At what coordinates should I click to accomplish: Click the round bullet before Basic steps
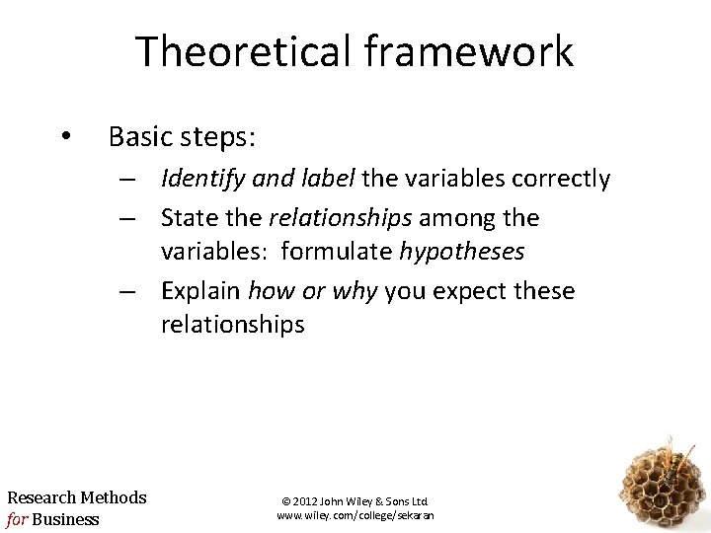(x=65, y=136)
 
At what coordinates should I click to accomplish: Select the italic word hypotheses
(x=462, y=252)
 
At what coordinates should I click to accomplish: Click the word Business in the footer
(x=65, y=518)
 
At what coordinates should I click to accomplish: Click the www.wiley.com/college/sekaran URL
(x=355, y=515)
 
